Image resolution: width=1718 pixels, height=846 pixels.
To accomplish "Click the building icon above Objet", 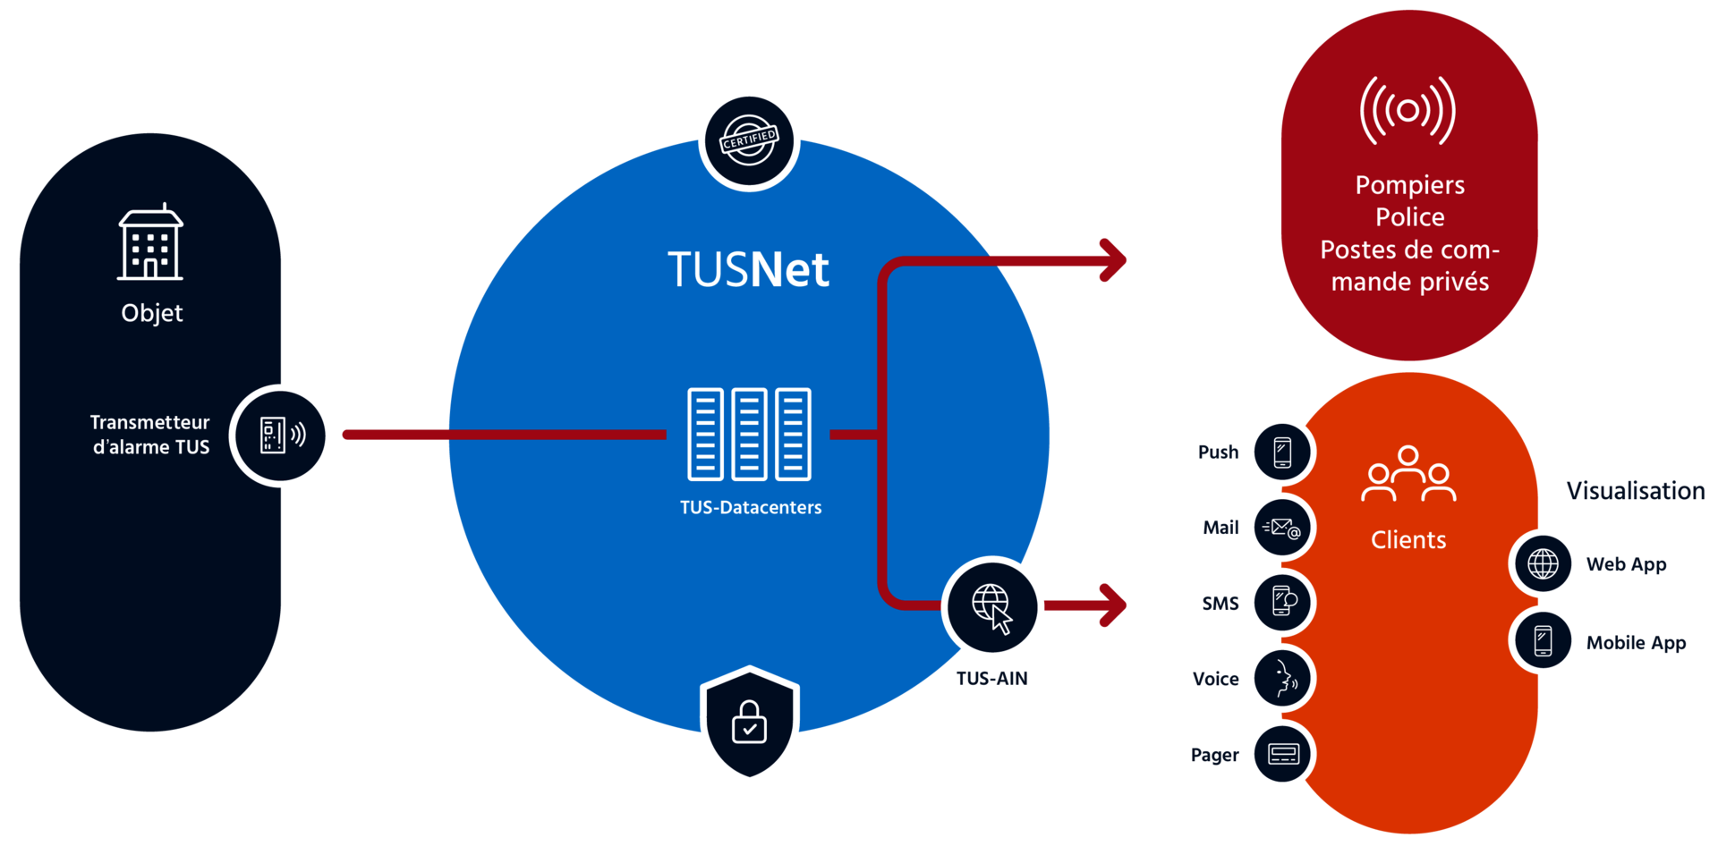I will [150, 242].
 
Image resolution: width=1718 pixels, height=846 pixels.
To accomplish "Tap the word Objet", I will [152, 313].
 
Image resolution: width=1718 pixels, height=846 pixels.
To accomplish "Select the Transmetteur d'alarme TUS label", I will [150, 435].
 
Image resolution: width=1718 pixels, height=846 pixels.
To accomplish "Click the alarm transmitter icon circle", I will [282, 436].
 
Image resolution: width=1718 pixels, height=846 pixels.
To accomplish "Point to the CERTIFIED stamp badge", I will [750, 140].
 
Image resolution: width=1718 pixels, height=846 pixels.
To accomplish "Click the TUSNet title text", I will [748, 269].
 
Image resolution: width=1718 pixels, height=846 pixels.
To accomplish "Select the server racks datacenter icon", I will [749, 434].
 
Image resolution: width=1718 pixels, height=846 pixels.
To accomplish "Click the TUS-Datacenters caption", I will [751, 508].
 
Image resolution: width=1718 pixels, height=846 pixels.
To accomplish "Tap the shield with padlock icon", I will [750, 723].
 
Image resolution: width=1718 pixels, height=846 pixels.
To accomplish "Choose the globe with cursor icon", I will [992, 607].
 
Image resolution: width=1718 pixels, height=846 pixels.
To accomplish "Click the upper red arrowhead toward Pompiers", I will [1114, 260].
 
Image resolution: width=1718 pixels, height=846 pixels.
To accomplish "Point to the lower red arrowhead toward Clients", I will [1114, 605].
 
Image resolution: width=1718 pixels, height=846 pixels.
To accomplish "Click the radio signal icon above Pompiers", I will [1408, 111].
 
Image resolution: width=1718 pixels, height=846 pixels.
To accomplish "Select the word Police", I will [1409, 217].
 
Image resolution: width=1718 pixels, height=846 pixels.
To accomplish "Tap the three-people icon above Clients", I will [1408, 474].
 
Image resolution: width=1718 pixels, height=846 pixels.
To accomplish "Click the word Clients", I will [1408, 540].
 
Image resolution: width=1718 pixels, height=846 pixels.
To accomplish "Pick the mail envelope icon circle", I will [1282, 528].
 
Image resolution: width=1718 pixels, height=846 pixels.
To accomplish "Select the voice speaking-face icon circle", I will [1282, 679].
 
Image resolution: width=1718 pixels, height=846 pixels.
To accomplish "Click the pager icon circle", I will [1282, 755].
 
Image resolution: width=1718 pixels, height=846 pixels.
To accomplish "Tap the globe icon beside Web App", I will [1543, 564].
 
